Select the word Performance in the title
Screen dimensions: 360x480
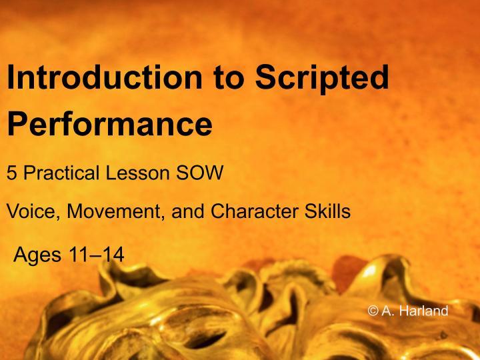[109, 123]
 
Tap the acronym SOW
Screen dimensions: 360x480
[199, 173]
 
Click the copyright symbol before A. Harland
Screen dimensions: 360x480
[373, 311]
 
